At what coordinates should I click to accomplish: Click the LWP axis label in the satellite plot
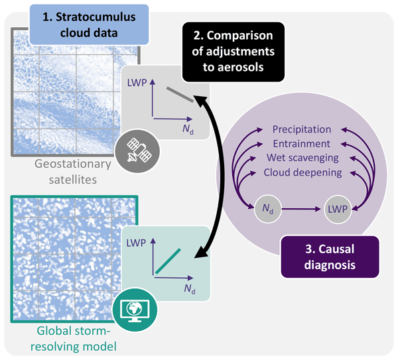point(136,84)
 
